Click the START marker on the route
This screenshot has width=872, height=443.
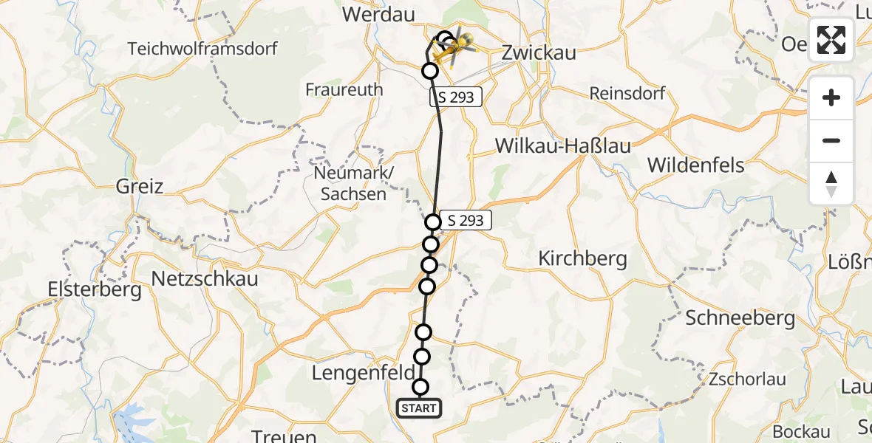(419, 408)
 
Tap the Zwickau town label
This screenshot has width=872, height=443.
(539, 53)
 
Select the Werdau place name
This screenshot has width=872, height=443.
(379, 15)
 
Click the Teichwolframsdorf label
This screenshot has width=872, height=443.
(202, 49)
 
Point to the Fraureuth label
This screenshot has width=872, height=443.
(344, 89)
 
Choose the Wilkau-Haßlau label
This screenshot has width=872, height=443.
(562, 146)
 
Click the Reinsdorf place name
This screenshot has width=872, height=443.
(627, 93)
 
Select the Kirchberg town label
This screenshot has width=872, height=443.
(582, 258)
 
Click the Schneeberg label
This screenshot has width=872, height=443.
(740, 318)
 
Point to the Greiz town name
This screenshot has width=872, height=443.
(139, 185)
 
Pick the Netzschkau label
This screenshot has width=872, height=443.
(204, 279)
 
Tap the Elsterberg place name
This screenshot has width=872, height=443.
(94, 289)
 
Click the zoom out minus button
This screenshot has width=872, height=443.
(831, 140)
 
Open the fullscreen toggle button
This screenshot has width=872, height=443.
(831, 40)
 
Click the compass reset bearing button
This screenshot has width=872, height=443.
(831, 183)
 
